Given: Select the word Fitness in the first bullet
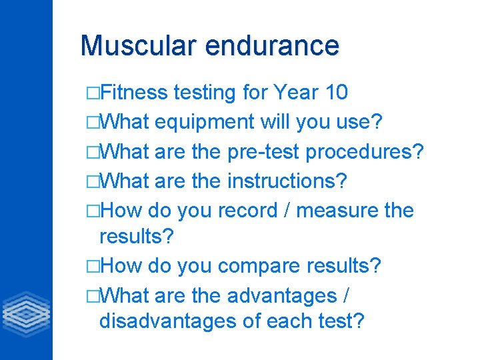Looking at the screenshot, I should [136, 93].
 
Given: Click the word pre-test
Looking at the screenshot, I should [263, 152].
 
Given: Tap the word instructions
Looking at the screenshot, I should [289, 181].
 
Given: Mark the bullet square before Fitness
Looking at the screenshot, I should [92, 93].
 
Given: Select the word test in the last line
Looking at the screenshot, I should [340, 321].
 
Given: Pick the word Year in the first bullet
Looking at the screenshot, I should [295, 93].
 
